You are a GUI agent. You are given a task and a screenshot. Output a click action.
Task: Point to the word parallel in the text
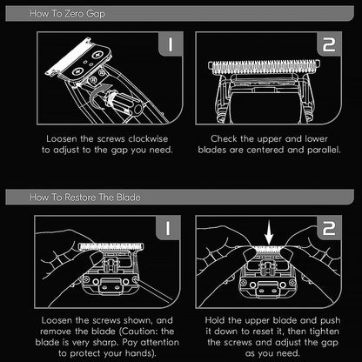click(x=316, y=149)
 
